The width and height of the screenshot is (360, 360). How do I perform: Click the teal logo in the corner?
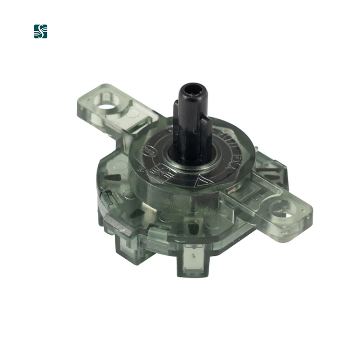(41, 31)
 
